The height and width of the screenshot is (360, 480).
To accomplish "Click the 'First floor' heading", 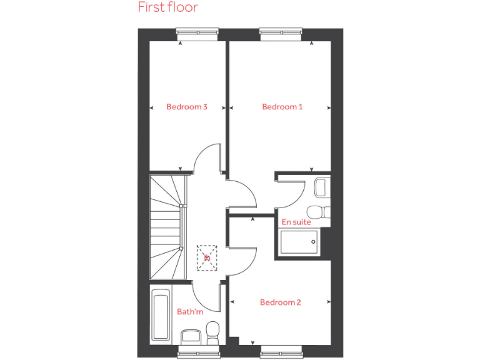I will (x=167, y=7).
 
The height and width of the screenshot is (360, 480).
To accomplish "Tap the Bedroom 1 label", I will (x=282, y=107).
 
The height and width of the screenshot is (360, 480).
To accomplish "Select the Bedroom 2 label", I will (x=281, y=302).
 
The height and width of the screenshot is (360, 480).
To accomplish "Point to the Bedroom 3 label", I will (x=187, y=107).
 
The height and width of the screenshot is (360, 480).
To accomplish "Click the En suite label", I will (x=296, y=222).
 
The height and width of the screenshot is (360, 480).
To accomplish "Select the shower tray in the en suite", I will (x=299, y=242).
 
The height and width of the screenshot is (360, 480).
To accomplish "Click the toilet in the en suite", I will (x=320, y=211).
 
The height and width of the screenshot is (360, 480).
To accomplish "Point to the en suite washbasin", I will (x=322, y=187).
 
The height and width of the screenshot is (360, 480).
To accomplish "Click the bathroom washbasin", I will (x=190, y=337).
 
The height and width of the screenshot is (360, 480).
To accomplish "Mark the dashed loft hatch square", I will (x=206, y=257).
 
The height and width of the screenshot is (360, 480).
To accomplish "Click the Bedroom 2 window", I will (x=281, y=350).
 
